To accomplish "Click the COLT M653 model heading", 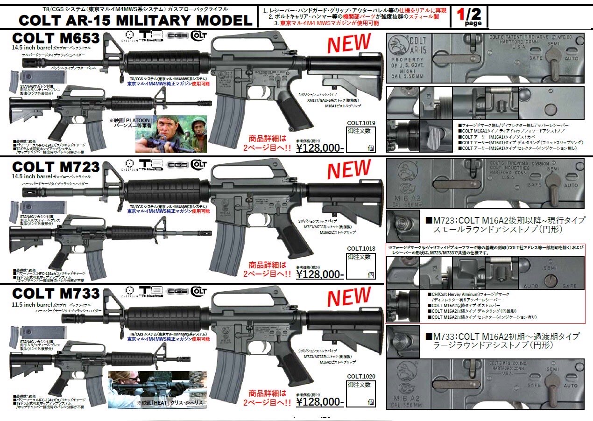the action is [x=56, y=38].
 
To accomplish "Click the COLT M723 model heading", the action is [x=56, y=166].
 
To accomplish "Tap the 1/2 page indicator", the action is [x=469, y=17].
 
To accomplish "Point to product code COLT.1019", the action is [x=361, y=123].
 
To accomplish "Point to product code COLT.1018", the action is [x=361, y=249].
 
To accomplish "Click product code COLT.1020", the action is [x=361, y=376].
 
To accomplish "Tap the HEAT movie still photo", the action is [x=157, y=389].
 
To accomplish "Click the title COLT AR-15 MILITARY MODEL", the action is [x=135, y=20].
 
